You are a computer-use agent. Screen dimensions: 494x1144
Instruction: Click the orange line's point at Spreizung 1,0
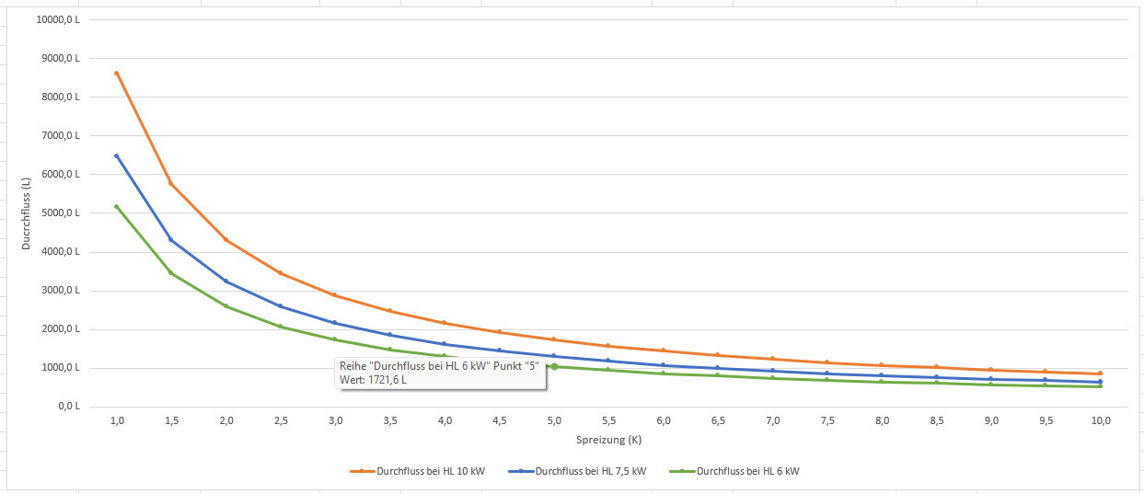(117, 73)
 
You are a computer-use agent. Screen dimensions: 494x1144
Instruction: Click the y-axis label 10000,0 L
(60, 20)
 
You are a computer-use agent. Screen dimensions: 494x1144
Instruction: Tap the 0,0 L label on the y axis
(69, 407)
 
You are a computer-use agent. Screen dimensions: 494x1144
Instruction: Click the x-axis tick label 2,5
(281, 420)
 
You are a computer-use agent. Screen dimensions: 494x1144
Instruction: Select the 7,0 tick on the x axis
(772, 420)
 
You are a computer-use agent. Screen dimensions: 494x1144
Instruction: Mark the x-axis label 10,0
(1100, 420)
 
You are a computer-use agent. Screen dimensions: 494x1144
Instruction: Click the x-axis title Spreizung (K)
(608, 441)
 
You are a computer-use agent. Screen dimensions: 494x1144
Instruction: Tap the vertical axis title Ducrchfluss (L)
(28, 213)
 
